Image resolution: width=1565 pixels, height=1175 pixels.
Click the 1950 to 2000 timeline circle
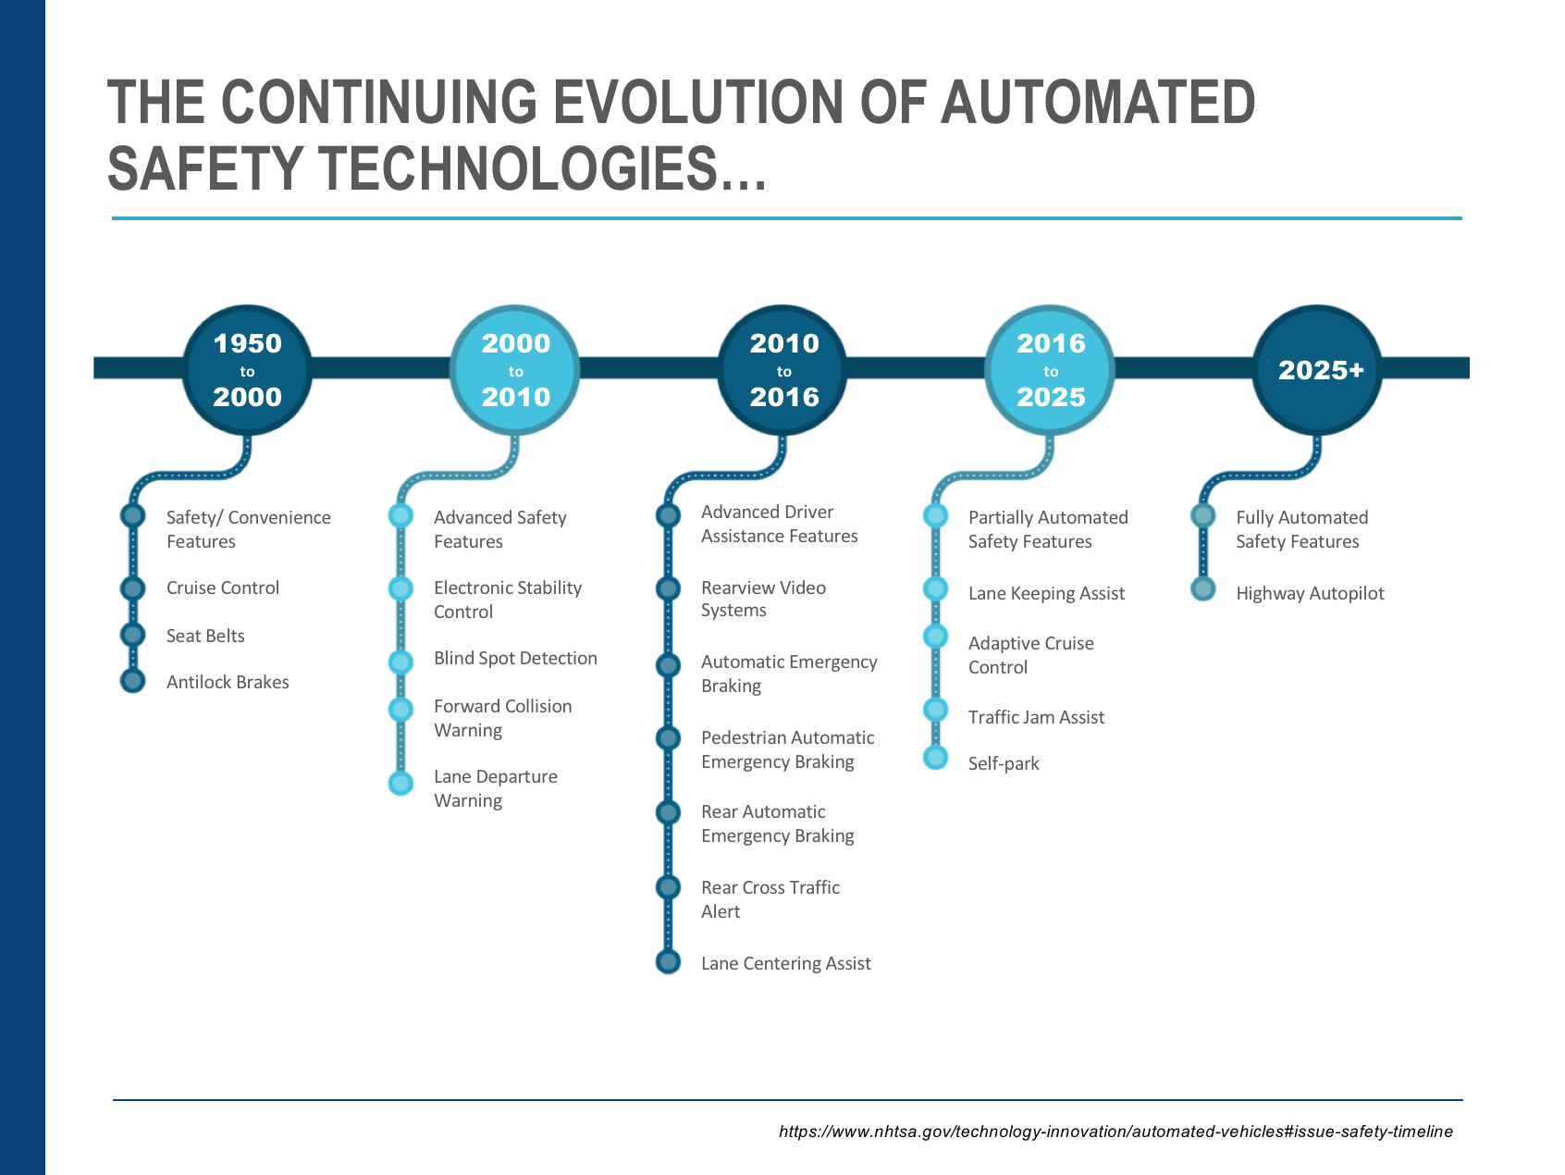[x=247, y=370]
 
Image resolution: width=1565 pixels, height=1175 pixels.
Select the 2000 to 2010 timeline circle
[x=515, y=370]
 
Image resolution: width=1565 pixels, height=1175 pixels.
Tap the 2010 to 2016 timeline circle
[x=783, y=370]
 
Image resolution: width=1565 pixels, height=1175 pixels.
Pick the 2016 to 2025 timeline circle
[x=1050, y=370]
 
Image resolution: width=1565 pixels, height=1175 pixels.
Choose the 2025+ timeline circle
[x=1318, y=370]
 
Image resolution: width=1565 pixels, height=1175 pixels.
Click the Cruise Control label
[x=223, y=588]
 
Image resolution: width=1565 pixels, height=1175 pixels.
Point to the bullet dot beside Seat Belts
[x=133, y=635]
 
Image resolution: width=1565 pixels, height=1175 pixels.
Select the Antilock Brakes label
[x=228, y=683]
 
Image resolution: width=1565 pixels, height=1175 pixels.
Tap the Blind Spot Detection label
[x=515, y=659]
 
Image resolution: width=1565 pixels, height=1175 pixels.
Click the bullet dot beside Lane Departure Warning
[x=400, y=783]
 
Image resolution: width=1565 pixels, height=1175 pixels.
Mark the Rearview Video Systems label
[x=763, y=600]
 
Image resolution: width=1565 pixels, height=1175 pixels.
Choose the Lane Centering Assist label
[x=786, y=964]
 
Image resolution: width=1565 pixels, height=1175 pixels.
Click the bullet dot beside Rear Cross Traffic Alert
[x=668, y=888]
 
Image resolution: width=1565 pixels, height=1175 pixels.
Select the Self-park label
[x=1004, y=764]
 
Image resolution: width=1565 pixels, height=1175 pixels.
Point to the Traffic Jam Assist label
[x=1036, y=718]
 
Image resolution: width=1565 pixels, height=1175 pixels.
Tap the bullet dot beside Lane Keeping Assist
[x=936, y=589]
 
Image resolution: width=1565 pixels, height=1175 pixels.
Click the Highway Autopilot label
[x=1310, y=594]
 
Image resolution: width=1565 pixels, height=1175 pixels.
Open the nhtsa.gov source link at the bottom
[x=1115, y=1132]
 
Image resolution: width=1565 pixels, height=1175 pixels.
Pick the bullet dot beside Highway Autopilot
[x=1203, y=589]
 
